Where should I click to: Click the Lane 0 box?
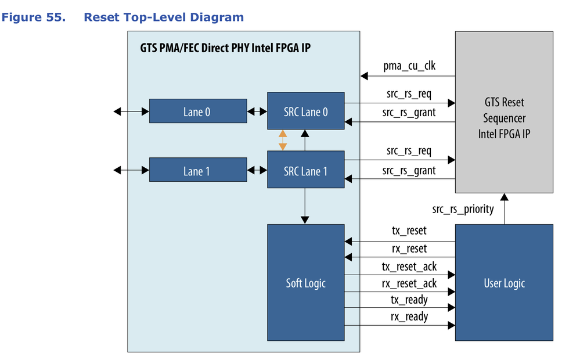(x=197, y=111)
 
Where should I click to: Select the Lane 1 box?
(x=197, y=170)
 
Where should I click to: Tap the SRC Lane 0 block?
(x=305, y=111)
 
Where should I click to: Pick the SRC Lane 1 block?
(x=305, y=170)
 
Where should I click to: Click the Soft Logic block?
(x=305, y=283)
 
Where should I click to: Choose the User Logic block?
(x=504, y=283)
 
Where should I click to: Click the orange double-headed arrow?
(x=283, y=140)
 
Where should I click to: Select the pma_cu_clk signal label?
(x=409, y=66)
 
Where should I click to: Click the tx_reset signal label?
(x=409, y=231)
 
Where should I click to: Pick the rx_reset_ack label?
(x=409, y=283)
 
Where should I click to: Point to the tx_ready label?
(x=409, y=300)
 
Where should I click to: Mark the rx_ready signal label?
(x=409, y=316)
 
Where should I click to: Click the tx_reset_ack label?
(x=409, y=267)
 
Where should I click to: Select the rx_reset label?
(x=409, y=249)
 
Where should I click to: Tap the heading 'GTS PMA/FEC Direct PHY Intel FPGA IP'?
(x=225, y=48)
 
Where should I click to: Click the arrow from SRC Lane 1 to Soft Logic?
(x=305, y=206)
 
